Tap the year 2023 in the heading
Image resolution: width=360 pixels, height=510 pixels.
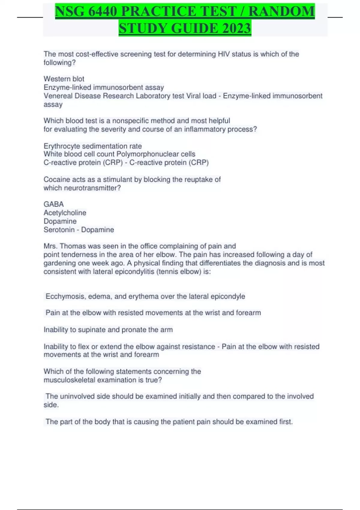point(236,28)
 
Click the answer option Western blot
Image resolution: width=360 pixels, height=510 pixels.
point(64,79)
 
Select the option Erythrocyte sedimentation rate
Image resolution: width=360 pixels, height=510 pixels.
point(93,146)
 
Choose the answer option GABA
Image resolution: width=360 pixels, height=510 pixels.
point(54,204)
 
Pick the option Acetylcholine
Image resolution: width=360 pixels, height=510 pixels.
point(65,213)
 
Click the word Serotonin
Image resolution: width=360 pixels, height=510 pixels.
point(59,230)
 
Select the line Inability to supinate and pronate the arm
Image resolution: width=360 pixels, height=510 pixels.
point(108,330)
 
